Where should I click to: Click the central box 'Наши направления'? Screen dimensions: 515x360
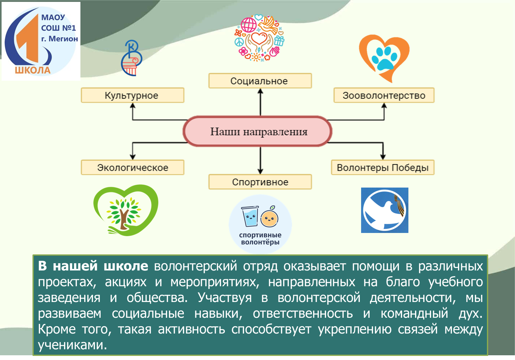(x=257, y=131)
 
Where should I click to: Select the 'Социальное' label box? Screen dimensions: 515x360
(x=260, y=81)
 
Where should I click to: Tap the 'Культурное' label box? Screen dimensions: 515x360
(x=132, y=95)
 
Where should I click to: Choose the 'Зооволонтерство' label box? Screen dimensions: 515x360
(x=384, y=95)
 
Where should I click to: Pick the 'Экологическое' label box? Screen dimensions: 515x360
(x=132, y=167)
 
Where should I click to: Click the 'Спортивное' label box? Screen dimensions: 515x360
(x=260, y=182)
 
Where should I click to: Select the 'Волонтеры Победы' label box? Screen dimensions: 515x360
(x=383, y=167)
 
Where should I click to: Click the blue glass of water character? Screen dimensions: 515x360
(x=250, y=216)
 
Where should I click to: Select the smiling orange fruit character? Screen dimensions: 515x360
(x=269, y=217)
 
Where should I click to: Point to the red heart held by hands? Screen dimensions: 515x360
(x=259, y=38)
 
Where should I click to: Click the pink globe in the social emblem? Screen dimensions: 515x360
(x=249, y=25)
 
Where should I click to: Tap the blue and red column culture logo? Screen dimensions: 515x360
(x=132, y=58)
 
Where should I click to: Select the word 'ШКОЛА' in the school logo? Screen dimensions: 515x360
(x=33, y=70)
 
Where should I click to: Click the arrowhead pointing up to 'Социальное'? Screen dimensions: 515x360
(x=260, y=91)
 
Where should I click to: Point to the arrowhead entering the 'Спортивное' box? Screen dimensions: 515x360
(x=260, y=171)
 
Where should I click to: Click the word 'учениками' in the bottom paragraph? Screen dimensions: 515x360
(x=73, y=345)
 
